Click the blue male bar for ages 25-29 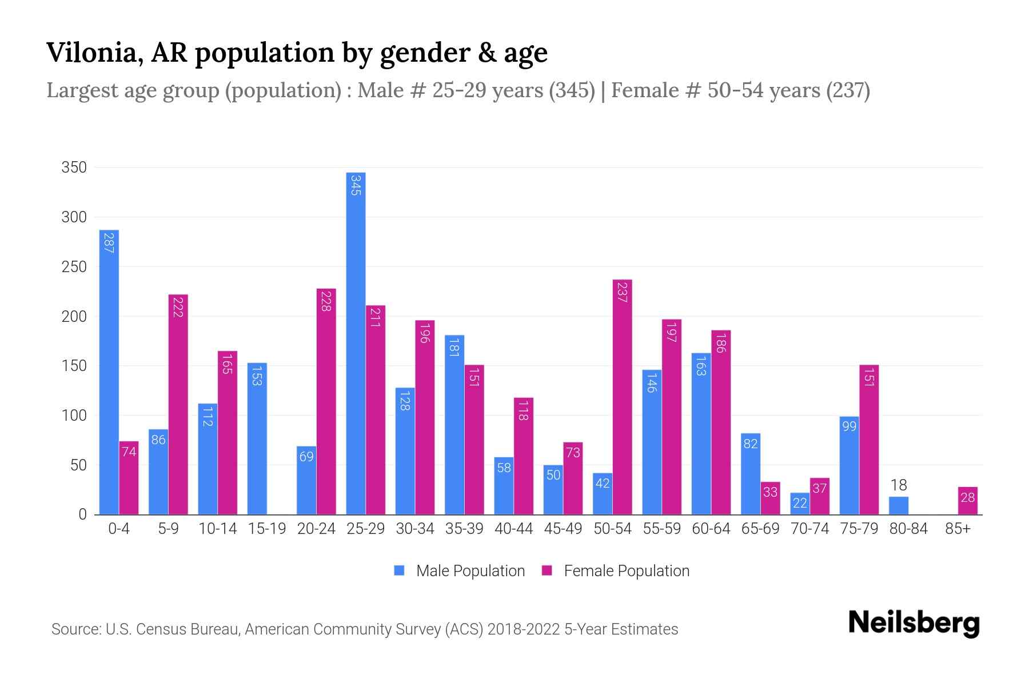coord(356,343)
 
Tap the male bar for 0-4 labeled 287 coord(109,372)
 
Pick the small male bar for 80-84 coord(899,505)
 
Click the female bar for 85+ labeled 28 coord(967,501)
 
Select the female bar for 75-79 coord(868,440)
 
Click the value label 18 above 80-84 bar coord(899,485)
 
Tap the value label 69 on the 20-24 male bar coord(306,457)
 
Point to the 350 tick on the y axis coord(74,167)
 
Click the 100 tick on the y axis coord(74,416)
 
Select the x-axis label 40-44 coord(513,529)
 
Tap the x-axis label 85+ coord(958,529)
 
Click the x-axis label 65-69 coord(760,529)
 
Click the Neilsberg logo coord(914,623)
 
